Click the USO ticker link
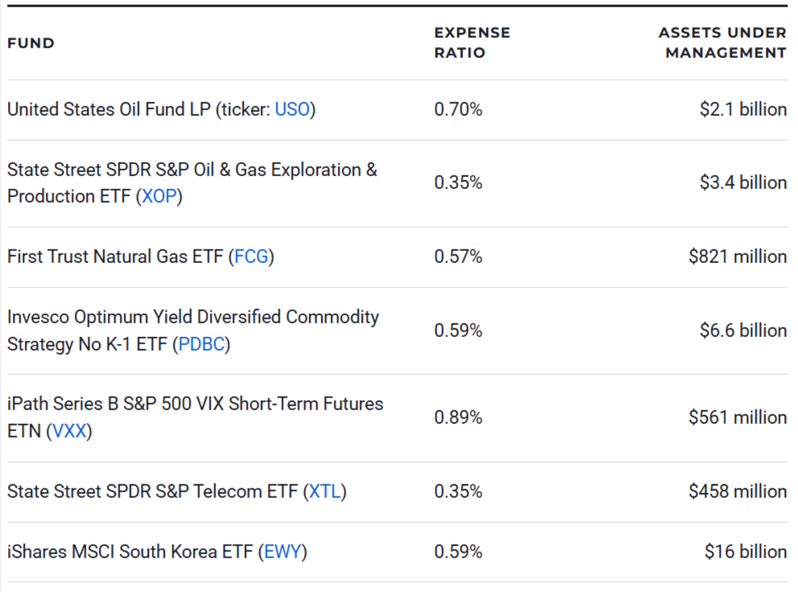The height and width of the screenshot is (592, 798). point(292,109)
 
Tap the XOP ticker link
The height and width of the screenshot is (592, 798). point(158,196)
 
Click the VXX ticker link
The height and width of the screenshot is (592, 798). point(69,431)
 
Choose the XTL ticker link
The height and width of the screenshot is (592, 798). point(325,491)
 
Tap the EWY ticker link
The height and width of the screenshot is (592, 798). point(282,552)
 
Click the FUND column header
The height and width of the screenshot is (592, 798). point(31,43)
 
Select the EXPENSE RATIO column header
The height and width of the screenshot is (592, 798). point(472,43)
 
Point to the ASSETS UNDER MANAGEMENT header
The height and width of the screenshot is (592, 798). point(722,43)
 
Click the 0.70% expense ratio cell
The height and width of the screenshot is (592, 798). point(458,109)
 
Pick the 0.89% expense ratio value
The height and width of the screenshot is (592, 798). point(458,417)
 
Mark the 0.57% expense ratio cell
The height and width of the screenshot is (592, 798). point(458,257)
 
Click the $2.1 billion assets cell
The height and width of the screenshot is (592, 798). point(742,109)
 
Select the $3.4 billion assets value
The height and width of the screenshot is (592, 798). point(742,183)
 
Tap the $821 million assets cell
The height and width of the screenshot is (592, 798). point(737,257)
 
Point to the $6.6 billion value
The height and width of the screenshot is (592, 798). point(742,331)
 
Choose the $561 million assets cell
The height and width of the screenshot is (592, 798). point(737,417)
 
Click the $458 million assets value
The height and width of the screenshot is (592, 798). point(737,491)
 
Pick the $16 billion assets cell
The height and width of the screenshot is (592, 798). point(745,552)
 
